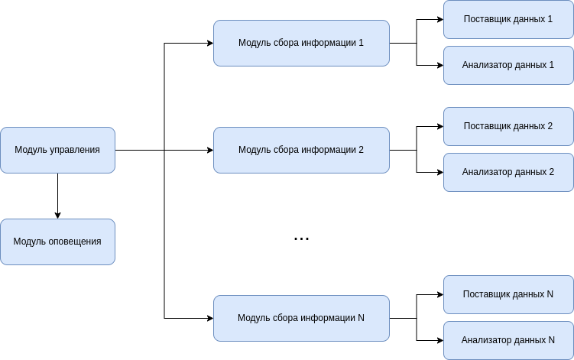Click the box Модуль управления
click(57, 150)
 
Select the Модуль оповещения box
click(57, 242)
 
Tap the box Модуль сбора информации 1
click(301, 43)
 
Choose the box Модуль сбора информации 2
click(301, 150)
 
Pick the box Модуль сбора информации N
click(301, 318)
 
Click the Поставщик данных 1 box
click(508, 19)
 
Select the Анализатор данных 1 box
click(508, 65)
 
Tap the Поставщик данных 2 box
click(508, 126)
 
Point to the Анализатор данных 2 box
click(508, 172)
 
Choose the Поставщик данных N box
click(508, 294)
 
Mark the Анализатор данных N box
click(508, 340)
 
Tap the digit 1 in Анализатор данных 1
click(552, 65)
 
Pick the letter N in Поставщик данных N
click(550, 294)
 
